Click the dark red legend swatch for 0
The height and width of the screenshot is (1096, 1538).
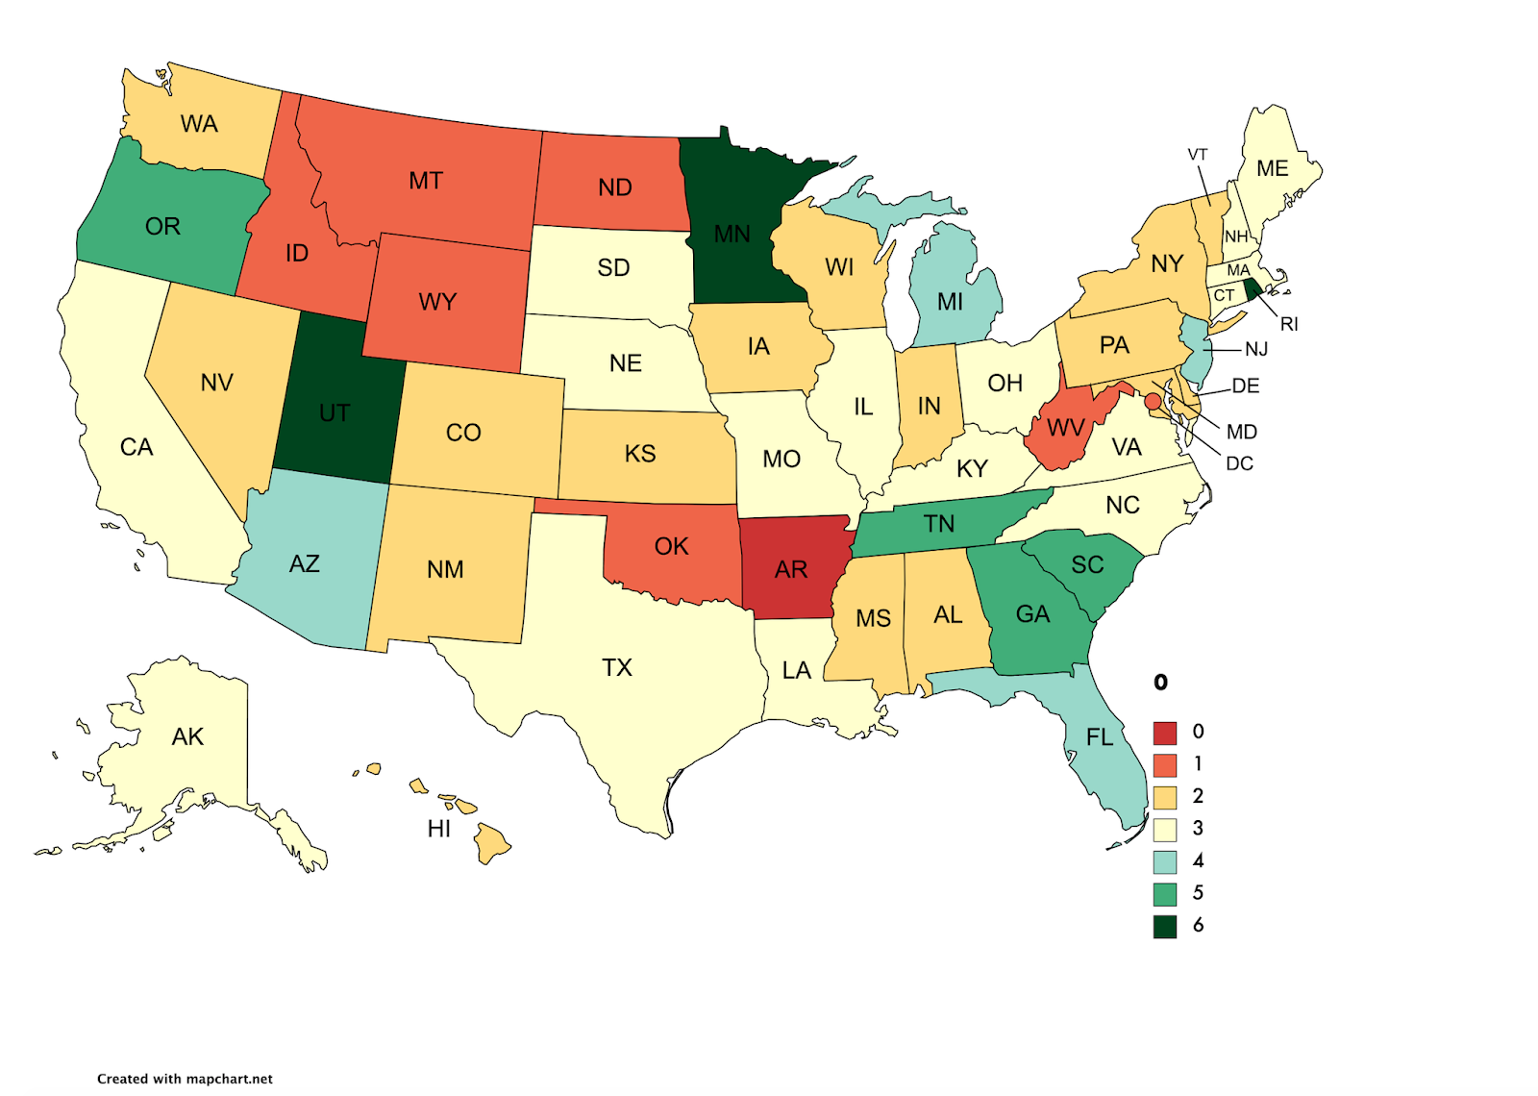tap(1165, 733)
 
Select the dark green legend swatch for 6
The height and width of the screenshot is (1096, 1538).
tap(1165, 926)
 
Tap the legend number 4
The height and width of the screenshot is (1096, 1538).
tap(1198, 860)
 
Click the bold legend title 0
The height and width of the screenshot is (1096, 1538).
tap(1161, 683)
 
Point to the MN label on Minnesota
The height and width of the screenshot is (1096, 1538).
tap(732, 234)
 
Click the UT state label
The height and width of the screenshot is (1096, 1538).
tap(335, 413)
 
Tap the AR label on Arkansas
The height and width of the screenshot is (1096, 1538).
tap(791, 570)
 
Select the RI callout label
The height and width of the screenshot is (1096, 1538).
tap(1289, 324)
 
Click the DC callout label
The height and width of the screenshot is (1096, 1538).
tap(1239, 463)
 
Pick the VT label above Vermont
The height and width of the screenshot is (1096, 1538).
tap(1197, 155)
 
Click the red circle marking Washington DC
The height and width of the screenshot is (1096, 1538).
tap(1153, 401)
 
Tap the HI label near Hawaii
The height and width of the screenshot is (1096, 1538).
tap(439, 829)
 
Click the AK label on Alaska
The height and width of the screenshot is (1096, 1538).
tap(187, 736)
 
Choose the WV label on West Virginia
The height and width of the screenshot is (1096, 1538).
tap(1066, 428)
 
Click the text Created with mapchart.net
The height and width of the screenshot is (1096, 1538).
tap(185, 1079)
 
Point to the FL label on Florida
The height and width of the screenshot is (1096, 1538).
tap(1100, 737)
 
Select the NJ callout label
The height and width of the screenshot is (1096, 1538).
tap(1256, 349)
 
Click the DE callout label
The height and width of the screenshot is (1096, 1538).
tap(1246, 386)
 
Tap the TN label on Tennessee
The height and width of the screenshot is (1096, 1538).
tap(939, 524)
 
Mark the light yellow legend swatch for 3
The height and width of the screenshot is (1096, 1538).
tap(1165, 829)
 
